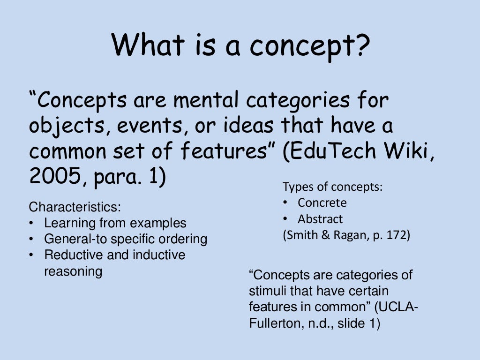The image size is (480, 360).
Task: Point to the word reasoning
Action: [x=73, y=271]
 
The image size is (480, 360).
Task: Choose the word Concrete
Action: [x=322, y=203]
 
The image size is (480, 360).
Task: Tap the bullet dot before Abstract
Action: [x=285, y=219]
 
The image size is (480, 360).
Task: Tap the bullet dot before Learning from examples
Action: [x=31, y=223]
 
